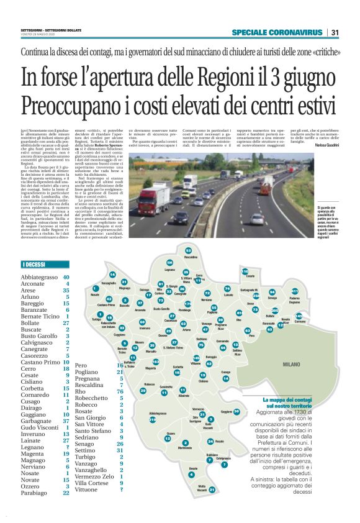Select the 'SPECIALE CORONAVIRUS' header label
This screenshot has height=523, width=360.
coord(277,32)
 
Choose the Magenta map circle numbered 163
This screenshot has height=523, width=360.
coord(156,362)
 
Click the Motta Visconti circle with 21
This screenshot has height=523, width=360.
coord(212,489)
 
